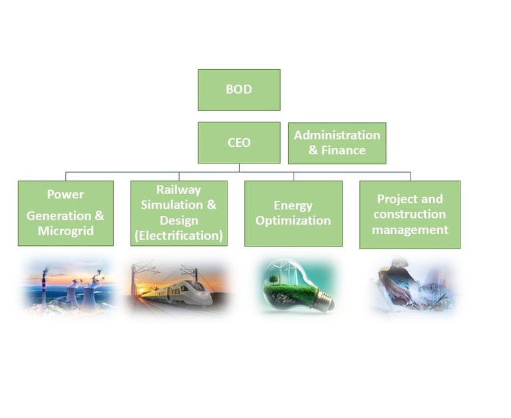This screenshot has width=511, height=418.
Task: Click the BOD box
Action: [x=239, y=89]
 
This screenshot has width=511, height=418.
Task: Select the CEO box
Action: [x=239, y=142]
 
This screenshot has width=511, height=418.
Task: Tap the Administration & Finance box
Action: [x=337, y=142]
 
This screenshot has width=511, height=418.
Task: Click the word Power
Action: [x=65, y=195]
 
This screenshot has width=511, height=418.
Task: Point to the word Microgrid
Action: [x=65, y=231]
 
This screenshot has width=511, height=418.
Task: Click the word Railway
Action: [x=178, y=190]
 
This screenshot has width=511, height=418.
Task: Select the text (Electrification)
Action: [x=178, y=235]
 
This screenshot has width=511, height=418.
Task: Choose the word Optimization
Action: [x=293, y=221]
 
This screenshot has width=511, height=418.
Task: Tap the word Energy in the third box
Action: [x=293, y=205]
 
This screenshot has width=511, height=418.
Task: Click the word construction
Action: [x=409, y=214]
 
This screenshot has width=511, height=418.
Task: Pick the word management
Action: [x=409, y=230]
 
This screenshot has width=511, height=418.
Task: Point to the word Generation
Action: [x=58, y=215]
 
